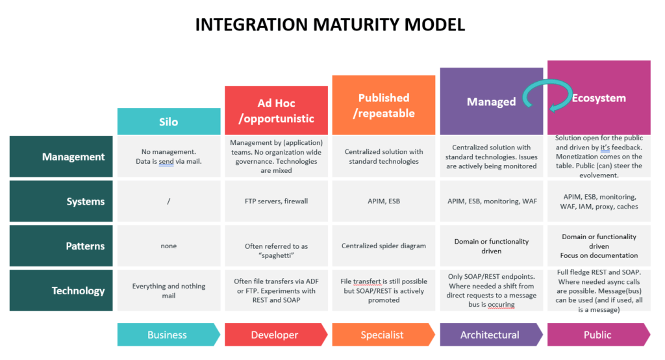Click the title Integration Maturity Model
pos(330,25)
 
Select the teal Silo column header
pos(169,122)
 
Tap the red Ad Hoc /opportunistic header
pos(276,110)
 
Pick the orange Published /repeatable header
pos(384,105)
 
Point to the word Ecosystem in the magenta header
pos(599,98)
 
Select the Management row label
pos(61,157)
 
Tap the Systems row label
pos(61,201)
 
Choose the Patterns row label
pos(61,246)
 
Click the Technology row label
pos(61,290)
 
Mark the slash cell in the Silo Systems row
pos(169,201)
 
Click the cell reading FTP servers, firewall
pos(276,201)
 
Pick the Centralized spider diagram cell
pos(384,246)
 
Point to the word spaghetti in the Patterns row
pos(276,255)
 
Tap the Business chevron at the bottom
pos(169,335)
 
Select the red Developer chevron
pos(276,335)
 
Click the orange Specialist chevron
pos(384,335)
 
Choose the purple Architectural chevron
pos(491,335)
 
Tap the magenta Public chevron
pos(598,335)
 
